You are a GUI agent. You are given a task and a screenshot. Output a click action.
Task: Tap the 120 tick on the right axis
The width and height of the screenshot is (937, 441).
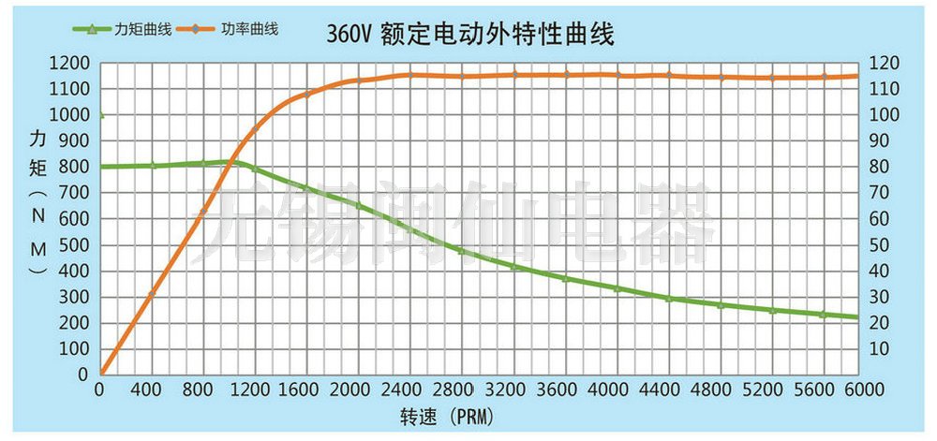[x=886, y=64]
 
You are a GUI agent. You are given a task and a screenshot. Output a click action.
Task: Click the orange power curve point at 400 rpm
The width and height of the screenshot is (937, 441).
[x=152, y=295]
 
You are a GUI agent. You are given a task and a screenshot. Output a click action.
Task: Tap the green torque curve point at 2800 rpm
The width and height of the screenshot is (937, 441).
[x=459, y=250]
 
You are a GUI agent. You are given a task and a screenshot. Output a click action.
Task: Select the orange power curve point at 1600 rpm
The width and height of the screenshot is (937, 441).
[x=305, y=94]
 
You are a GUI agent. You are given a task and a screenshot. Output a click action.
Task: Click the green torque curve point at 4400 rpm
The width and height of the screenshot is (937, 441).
[x=668, y=298]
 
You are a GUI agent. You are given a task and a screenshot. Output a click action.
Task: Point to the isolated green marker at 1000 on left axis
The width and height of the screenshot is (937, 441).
[x=100, y=115]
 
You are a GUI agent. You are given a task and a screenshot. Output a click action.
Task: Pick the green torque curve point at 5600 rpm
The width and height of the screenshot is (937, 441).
[x=823, y=315]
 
